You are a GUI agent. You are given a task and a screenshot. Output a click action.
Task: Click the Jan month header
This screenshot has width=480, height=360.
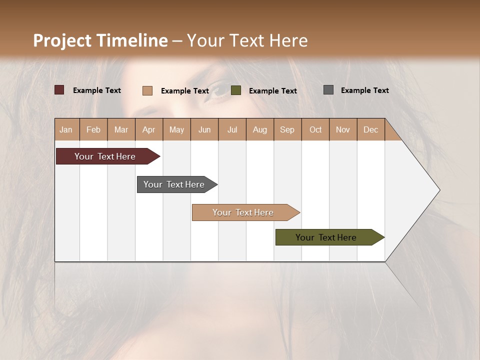66,129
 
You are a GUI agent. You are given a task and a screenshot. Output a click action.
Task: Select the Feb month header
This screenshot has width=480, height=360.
93,129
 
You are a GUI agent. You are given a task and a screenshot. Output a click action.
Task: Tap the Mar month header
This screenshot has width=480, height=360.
121,129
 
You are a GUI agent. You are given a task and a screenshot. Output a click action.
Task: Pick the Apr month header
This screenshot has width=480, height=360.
149,129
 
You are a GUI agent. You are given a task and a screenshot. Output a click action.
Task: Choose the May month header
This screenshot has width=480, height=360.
176,129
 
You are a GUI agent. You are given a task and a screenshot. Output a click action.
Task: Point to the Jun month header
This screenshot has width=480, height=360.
204,129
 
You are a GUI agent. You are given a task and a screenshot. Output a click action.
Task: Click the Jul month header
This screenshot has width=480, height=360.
232,129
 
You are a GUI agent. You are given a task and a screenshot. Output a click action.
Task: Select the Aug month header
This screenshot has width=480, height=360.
260,129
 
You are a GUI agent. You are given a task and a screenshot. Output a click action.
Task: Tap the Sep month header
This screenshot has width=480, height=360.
287,129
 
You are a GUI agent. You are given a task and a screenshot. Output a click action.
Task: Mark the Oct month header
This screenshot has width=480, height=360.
315,129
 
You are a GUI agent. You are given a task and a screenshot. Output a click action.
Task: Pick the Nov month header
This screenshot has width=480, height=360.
343,129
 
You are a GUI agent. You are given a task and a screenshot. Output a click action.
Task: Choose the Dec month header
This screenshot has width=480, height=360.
371,129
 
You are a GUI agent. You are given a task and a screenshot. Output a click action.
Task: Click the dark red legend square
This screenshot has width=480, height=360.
59,90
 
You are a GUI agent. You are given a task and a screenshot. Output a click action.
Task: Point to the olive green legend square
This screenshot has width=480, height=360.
236,90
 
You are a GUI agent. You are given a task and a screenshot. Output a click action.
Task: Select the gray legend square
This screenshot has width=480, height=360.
328,90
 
